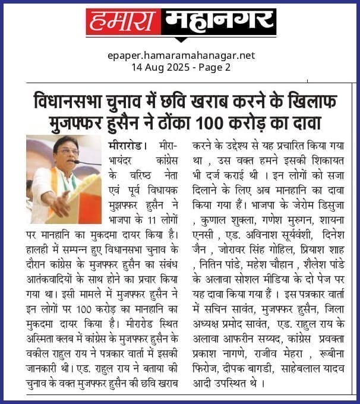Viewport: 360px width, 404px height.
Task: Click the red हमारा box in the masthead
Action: click(x=122, y=23)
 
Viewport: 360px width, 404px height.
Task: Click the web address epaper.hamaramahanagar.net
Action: click(x=181, y=55)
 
